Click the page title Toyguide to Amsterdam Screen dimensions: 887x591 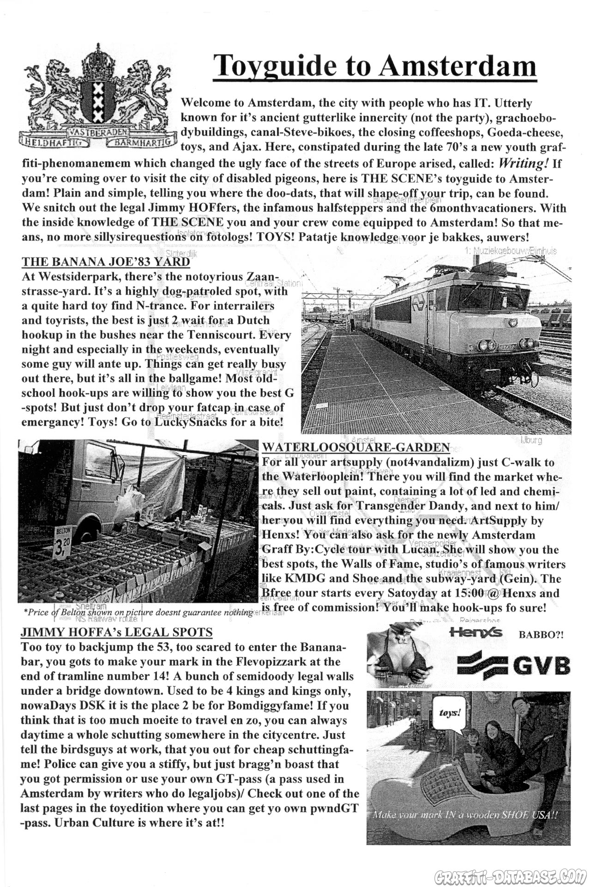pos(376,66)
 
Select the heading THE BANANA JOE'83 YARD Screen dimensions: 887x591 pos(106,262)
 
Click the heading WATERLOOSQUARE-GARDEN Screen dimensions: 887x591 pos(356,447)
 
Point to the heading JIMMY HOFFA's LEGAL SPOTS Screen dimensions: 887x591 pos(116,632)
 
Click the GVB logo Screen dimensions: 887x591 pos(513,665)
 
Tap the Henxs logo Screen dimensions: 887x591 pos(475,633)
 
